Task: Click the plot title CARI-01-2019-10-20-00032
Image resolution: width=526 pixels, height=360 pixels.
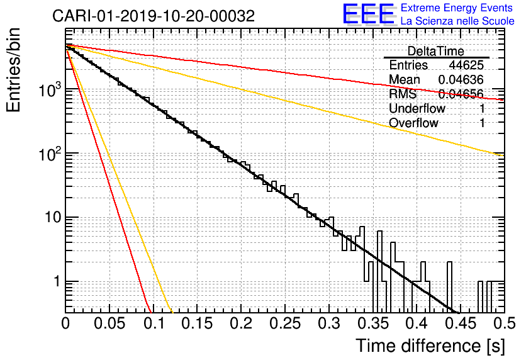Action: point(154,16)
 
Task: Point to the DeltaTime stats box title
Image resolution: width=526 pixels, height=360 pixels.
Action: point(435,51)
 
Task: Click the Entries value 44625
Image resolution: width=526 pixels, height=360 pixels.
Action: point(466,65)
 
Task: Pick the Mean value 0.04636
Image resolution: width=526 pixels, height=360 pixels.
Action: point(461,80)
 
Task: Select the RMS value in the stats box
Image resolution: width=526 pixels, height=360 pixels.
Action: point(461,94)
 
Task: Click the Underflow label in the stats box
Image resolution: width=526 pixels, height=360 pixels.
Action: point(417,109)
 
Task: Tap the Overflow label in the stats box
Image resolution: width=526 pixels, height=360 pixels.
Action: point(413,123)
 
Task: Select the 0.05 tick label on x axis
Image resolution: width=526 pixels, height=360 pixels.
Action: point(109,323)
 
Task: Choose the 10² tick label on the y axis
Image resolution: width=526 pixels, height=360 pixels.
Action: point(48,153)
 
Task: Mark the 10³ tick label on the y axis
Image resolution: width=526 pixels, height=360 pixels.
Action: point(48,89)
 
